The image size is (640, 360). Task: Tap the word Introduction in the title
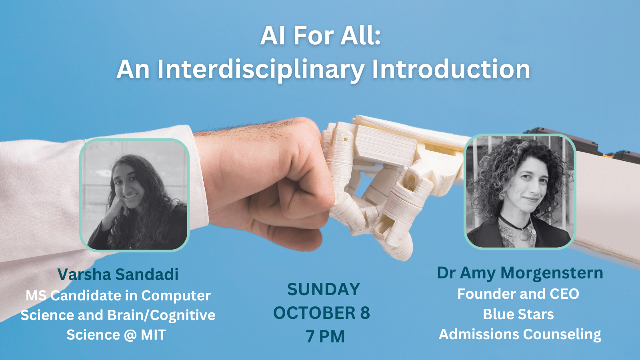451,69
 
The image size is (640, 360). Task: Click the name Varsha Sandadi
118,274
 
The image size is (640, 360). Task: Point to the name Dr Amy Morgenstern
520,273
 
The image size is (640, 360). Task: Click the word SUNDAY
324,289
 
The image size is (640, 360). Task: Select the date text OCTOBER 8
322,312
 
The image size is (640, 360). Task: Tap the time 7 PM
325,336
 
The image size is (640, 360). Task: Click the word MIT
154,334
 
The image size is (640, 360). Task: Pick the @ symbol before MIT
130,335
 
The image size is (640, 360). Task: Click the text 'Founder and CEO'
518,294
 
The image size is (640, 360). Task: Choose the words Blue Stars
518,314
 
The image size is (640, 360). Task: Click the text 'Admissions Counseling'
520,334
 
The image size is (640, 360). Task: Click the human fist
274,186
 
